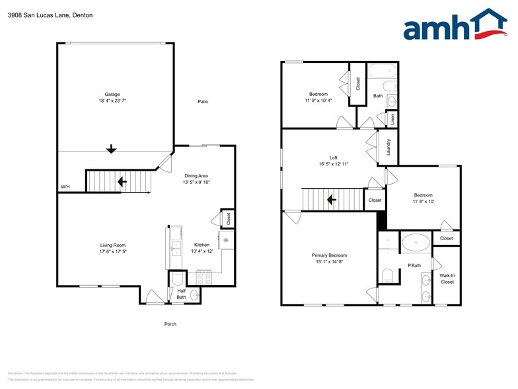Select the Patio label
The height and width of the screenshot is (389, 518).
tap(203, 101)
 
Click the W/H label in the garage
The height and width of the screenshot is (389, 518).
tap(65, 187)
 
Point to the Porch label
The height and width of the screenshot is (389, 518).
tap(170, 324)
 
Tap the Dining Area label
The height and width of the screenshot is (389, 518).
tap(196, 175)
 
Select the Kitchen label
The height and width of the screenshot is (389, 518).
tap(202, 245)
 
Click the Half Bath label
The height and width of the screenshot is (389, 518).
tap(181, 294)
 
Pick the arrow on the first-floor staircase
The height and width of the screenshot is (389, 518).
tap(122, 181)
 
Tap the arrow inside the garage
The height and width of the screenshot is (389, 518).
tap(111, 149)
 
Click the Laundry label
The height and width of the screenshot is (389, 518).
tap(388, 146)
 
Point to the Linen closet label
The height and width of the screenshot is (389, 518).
tap(392, 119)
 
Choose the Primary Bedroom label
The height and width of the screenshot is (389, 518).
tap(329, 255)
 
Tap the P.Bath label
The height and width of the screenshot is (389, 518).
tap(414, 265)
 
